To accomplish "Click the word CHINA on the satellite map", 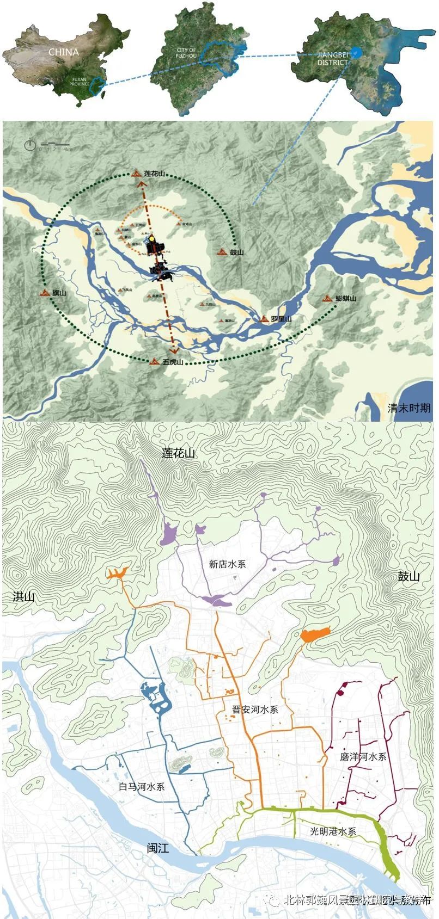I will [64, 52].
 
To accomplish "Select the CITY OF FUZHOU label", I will [186, 53].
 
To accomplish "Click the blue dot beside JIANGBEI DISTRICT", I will [355, 52].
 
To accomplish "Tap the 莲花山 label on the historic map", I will [155, 174].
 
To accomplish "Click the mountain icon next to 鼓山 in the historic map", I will [222, 252].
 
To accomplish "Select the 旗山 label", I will [59, 293].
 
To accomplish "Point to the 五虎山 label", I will [173, 361].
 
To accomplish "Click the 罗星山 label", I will [281, 319].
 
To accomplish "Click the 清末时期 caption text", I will [408, 408].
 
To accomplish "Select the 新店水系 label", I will [228, 564].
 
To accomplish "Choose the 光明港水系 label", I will [333, 832].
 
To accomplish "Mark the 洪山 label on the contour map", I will [23, 597].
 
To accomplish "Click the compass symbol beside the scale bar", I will [30, 145].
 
